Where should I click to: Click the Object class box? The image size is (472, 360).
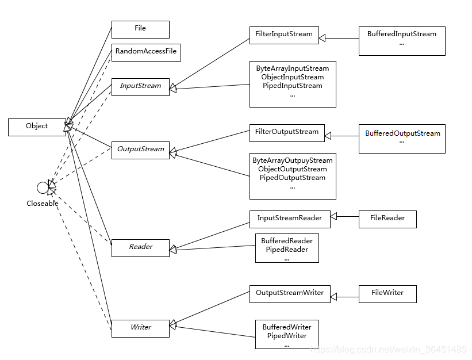click(37, 127)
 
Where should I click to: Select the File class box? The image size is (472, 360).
click(140, 29)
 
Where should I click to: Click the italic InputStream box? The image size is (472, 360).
click(140, 86)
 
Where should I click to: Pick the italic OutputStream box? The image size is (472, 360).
click(140, 150)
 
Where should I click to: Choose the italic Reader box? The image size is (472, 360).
click(140, 247)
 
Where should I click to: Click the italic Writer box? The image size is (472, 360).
click(140, 328)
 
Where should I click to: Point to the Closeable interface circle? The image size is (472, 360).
click(42, 187)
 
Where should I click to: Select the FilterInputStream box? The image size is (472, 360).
click(284, 35)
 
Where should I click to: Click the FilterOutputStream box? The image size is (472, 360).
click(287, 132)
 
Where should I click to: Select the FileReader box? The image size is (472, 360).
click(387, 219)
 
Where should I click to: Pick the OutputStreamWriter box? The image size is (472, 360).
click(290, 293)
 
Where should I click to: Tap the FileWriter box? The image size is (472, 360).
click(387, 293)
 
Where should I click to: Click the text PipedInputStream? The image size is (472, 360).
click(292, 86)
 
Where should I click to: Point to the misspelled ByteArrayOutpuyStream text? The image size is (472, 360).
click(292, 160)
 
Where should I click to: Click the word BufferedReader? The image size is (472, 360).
click(286, 241)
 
